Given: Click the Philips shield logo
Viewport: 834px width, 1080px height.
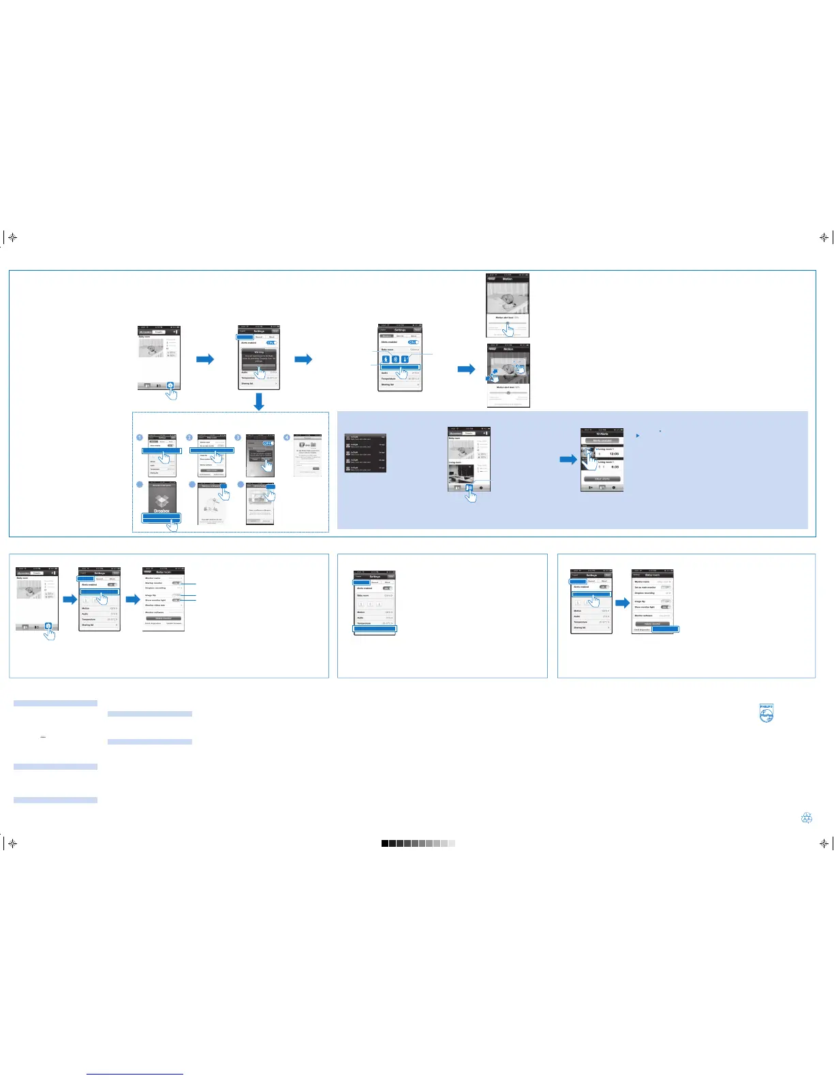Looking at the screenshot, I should tap(767, 713).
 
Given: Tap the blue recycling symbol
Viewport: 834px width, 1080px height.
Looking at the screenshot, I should tap(807, 817).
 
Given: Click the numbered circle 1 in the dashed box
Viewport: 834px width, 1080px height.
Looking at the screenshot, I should tap(140, 438).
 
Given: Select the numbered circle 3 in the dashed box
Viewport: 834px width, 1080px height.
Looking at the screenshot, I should tap(238, 438).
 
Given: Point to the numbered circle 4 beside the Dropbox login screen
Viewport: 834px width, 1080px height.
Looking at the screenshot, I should tap(287, 438).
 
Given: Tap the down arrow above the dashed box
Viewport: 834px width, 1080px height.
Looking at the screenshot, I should tap(258, 403).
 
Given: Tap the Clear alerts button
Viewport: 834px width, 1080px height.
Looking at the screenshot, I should tap(602, 479).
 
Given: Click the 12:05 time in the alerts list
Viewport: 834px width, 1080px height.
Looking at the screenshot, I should tap(613, 454).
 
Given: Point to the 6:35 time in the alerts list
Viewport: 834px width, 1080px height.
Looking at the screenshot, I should tap(614, 466).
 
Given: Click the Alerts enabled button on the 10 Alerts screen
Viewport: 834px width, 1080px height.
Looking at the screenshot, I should tap(602, 440).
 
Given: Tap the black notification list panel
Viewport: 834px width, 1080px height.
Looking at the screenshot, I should tap(366, 453).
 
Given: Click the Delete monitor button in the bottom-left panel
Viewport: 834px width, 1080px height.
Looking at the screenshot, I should tap(164, 618).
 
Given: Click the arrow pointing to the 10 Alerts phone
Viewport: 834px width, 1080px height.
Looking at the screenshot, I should tap(568, 460).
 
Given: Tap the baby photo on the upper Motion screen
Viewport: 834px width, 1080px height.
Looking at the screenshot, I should tap(508, 297).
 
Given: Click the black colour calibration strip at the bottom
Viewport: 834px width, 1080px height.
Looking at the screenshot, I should tap(385, 843).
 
